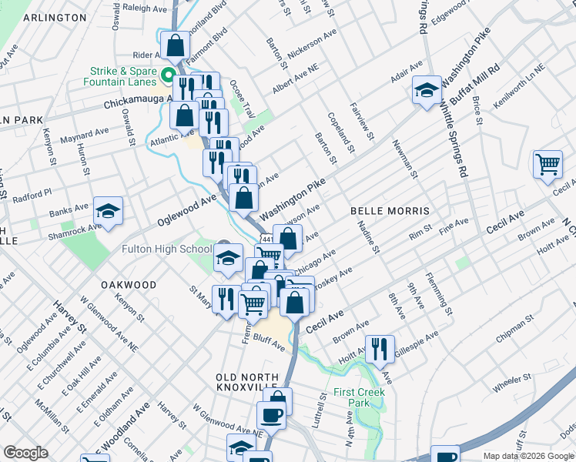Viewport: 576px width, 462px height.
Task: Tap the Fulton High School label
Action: tap(166, 249)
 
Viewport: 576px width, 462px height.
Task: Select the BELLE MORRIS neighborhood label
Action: tap(389, 210)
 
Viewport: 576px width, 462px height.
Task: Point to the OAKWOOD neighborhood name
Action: tap(129, 285)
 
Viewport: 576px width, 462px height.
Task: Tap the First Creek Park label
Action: tap(359, 397)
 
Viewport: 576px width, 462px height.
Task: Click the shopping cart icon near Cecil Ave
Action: tap(548, 165)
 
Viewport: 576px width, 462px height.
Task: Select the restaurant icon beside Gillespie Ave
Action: tap(380, 348)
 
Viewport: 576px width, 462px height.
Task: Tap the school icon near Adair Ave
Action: tap(426, 91)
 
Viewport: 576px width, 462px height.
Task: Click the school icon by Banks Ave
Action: tap(109, 212)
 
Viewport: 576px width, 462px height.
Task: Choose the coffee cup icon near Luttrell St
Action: tap(270, 417)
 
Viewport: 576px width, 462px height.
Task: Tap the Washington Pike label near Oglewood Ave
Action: tap(293, 199)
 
